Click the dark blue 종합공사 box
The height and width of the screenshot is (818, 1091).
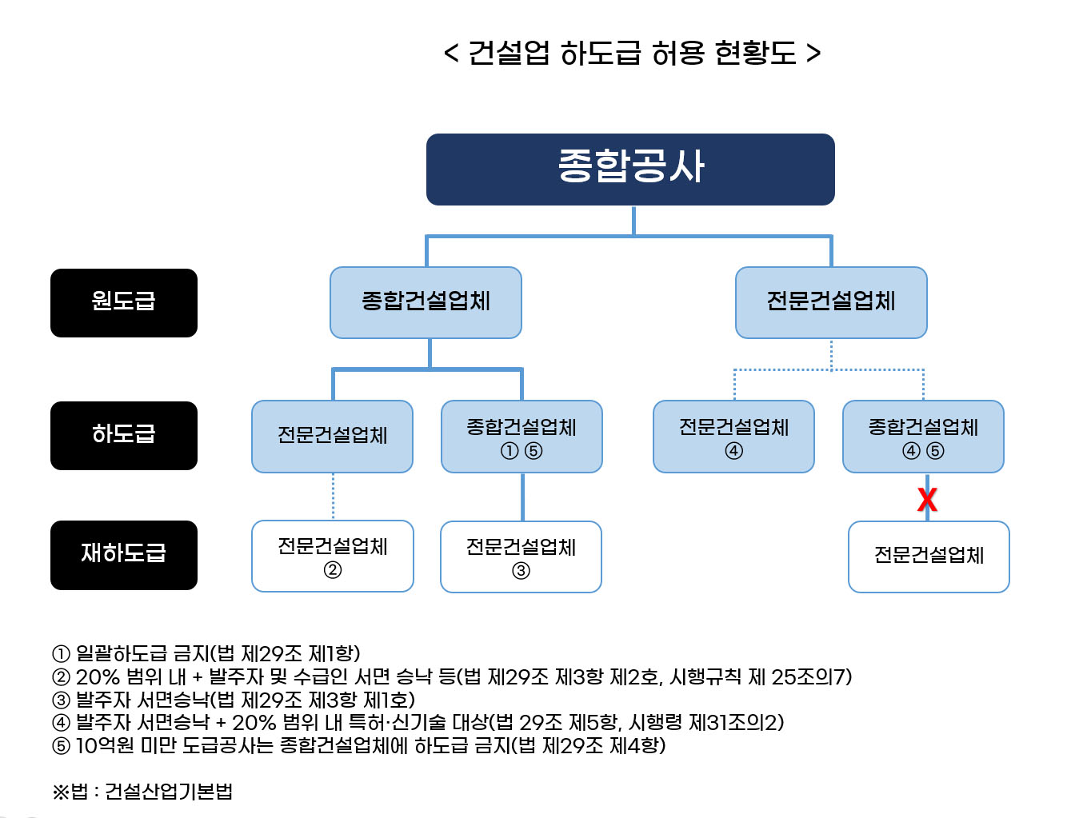point(630,170)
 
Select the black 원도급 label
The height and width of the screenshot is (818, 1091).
point(124,302)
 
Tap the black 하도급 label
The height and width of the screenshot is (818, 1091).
point(124,435)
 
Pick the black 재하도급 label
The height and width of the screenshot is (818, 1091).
point(124,555)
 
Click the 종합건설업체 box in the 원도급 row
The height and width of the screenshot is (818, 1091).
point(426,302)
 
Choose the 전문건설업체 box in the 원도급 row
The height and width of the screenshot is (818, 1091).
point(831,302)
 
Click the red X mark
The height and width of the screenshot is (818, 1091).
point(927,500)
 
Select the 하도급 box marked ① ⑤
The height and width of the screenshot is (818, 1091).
point(522,437)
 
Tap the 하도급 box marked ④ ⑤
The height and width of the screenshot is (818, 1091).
point(923,437)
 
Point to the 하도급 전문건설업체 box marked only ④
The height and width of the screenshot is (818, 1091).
point(733,437)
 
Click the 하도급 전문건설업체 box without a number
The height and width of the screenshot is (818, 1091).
point(332,437)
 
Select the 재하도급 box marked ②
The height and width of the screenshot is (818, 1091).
point(333,556)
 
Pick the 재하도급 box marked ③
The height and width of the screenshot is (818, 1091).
point(521,557)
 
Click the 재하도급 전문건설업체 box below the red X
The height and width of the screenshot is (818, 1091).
point(929,557)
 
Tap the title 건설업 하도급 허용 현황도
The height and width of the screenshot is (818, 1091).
point(632,54)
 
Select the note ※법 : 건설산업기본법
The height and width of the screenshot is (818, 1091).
point(142,792)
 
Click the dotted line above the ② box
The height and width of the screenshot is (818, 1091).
point(333,496)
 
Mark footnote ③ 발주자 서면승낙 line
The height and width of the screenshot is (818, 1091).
point(234,700)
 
